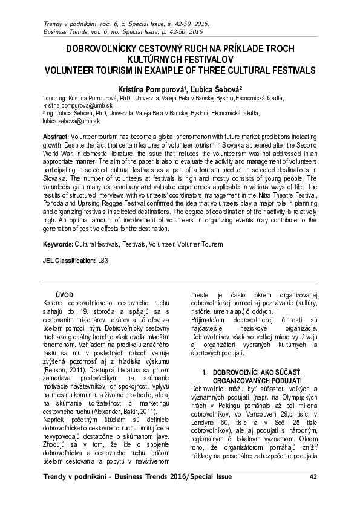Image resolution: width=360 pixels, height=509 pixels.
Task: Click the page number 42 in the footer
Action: point(313,477)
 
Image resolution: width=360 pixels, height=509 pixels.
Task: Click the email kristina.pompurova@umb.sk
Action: point(69,104)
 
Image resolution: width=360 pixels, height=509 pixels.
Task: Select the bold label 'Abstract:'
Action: point(56,138)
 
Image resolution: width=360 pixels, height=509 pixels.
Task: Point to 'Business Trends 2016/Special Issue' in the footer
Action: point(154,477)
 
